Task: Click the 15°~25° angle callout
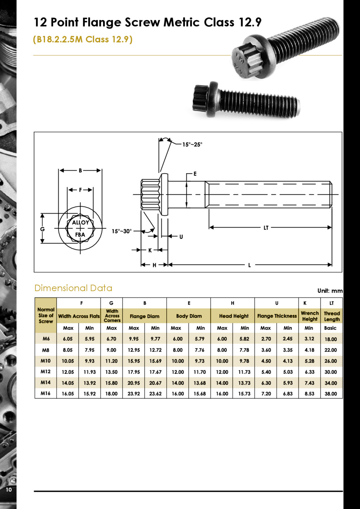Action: pyautogui.click(x=192, y=144)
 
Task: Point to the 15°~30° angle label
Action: pyautogui.click(x=122, y=231)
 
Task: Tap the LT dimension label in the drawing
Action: pyautogui.click(x=266, y=227)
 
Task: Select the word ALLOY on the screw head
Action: pyautogui.click(x=81, y=223)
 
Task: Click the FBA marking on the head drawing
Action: pyautogui.click(x=80, y=234)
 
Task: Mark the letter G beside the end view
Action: pyautogui.click(x=43, y=229)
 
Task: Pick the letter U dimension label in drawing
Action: pyautogui.click(x=181, y=237)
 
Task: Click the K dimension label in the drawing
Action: pyautogui.click(x=150, y=250)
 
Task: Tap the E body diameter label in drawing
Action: pyautogui.click(x=195, y=174)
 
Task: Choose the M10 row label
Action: pyautogui.click(x=45, y=361)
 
